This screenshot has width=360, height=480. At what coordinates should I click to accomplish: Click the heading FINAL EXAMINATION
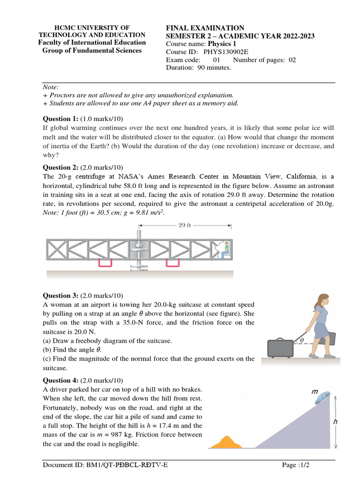[x=205, y=28]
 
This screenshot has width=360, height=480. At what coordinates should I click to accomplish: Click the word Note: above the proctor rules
[x=51, y=87]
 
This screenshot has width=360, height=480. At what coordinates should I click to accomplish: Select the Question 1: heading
[x=61, y=119]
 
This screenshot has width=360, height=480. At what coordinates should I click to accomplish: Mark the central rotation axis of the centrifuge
[x=139, y=248]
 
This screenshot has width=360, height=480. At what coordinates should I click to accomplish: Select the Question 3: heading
[x=61, y=295]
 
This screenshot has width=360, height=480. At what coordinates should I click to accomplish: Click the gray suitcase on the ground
[x=280, y=348]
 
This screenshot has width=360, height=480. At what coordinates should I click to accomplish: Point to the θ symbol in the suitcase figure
[x=302, y=340]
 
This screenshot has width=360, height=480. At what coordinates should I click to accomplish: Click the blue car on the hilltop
[x=322, y=397]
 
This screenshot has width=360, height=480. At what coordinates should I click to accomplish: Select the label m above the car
[x=315, y=390]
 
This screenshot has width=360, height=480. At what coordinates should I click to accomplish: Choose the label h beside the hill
[x=335, y=422]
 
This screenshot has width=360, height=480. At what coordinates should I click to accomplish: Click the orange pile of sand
[x=227, y=442]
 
